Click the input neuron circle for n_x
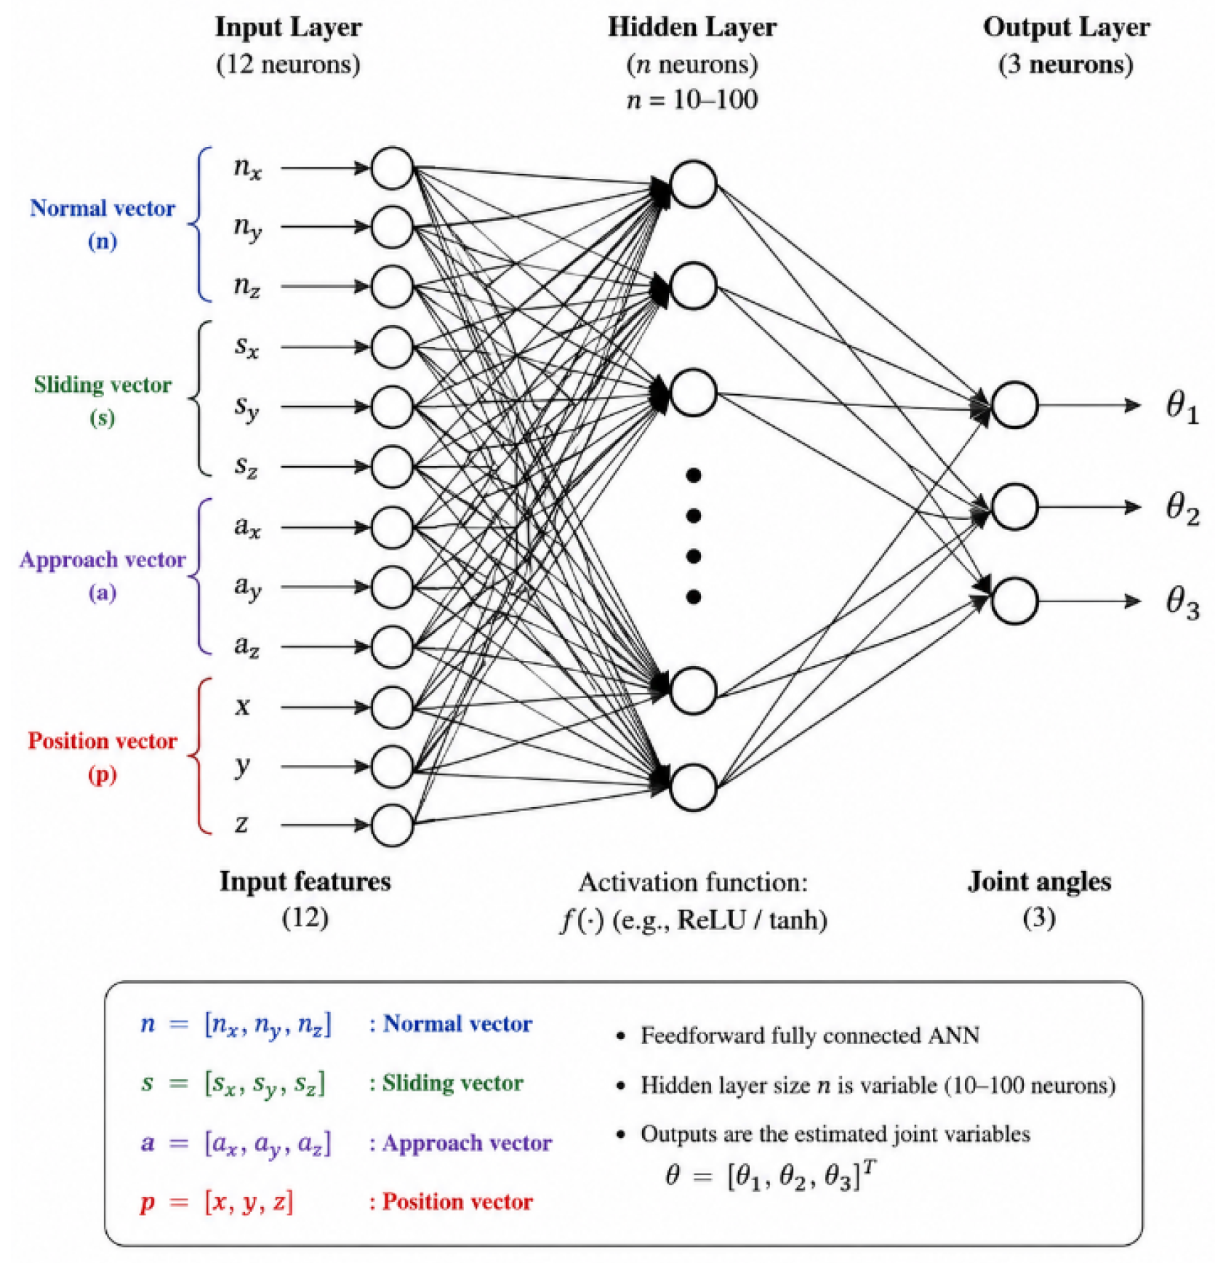[393, 168]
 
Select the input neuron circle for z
[393, 825]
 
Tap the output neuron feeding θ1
[1014, 405]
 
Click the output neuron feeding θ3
[1014, 601]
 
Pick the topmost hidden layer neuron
[693, 184]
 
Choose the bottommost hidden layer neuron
[693, 787]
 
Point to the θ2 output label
[1182, 508]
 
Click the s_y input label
[246, 407]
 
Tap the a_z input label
[246, 646]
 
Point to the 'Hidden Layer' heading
[692, 28]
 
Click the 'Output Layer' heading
[1067, 28]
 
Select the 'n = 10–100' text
[692, 99]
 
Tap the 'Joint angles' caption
[1039, 882]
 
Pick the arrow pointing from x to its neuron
[326, 707]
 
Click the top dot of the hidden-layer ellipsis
[693, 476]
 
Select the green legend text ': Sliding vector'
[446, 1083]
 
